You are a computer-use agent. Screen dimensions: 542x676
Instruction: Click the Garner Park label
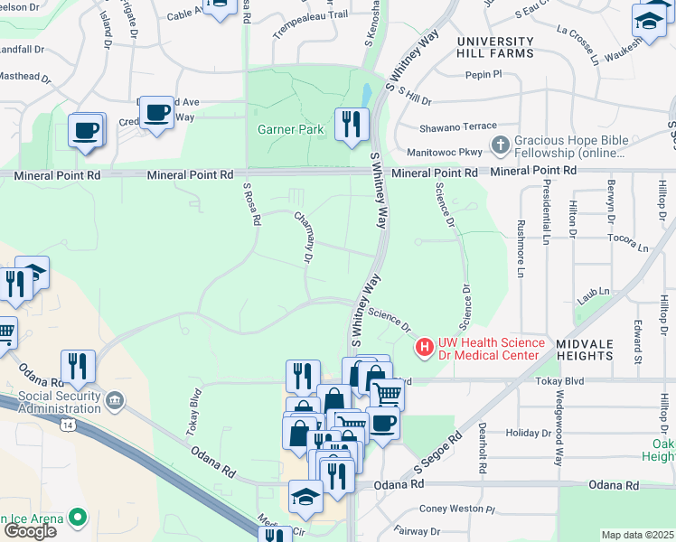coord(291,129)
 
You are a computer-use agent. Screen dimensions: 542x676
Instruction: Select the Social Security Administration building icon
coord(115,399)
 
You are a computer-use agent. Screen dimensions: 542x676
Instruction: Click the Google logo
coord(29,530)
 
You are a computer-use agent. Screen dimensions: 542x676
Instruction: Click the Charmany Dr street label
coord(303,238)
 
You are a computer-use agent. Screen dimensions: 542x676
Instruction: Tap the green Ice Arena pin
coord(80,519)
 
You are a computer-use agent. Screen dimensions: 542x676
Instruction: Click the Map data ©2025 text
coord(638,535)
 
